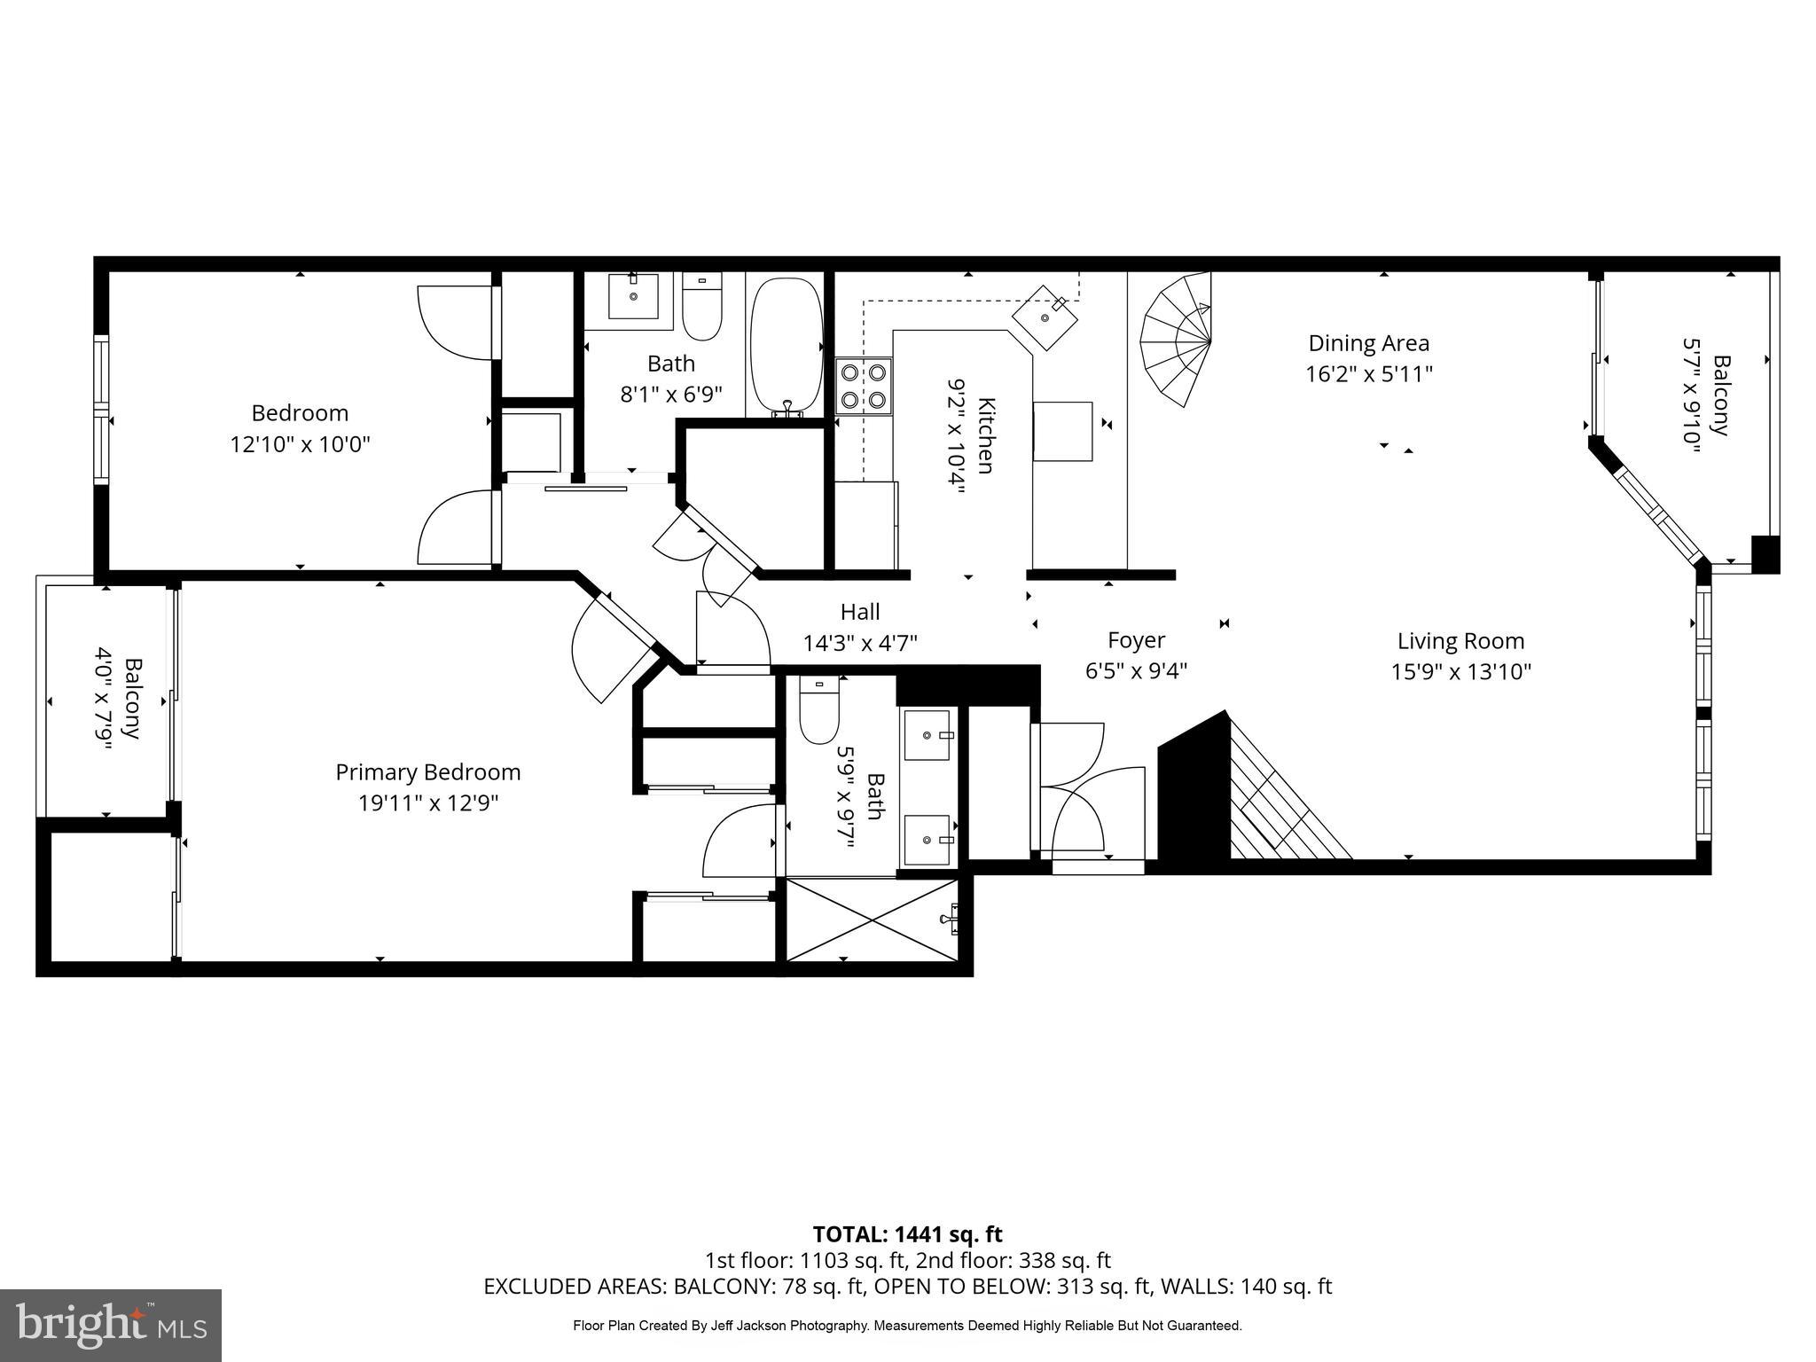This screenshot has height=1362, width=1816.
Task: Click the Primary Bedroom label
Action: [427, 771]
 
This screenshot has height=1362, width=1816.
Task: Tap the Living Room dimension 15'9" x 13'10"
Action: [1460, 672]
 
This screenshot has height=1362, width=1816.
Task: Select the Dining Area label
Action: [1368, 343]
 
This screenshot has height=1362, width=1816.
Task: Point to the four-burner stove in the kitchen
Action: [864, 386]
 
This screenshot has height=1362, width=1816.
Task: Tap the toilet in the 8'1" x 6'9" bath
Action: [702, 306]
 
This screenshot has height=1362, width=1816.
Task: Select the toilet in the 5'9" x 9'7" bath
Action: [818, 709]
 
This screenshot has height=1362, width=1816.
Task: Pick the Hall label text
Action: [860, 612]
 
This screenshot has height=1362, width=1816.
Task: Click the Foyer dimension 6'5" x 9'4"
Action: [1136, 671]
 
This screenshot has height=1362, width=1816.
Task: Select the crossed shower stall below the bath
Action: [873, 920]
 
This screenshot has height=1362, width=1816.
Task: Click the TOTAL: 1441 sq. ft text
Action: [907, 1234]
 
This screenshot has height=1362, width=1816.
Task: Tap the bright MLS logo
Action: [111, 1326]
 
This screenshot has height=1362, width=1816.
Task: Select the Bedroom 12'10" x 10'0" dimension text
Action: [300, 444]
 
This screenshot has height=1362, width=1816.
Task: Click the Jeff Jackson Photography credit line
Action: [907, 1326]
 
